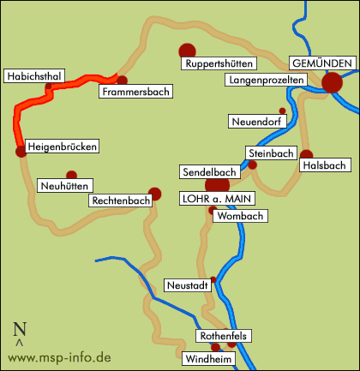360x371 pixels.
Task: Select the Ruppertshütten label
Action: (216, 64)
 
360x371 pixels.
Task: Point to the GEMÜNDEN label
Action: (322, 64)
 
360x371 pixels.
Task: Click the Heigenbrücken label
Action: (62, 147)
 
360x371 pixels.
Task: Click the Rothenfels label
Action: (222, 337)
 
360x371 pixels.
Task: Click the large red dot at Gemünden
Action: (332, 82)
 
